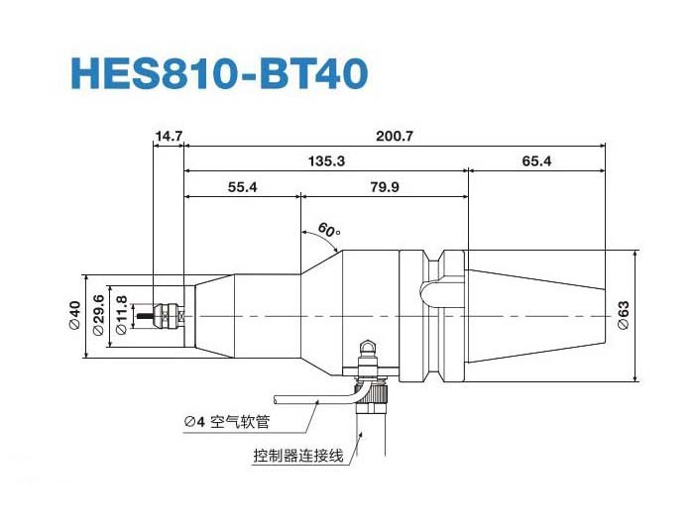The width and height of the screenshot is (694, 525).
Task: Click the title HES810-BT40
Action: point(219,73)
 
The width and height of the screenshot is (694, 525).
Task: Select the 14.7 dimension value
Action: point(169,133)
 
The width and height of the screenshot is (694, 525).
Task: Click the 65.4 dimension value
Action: point(535,160)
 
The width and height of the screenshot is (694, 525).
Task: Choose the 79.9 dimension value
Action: point(383,187)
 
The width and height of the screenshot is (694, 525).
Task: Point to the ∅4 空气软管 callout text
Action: point(227,422)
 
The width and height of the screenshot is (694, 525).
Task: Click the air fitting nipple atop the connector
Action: point(368,348)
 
